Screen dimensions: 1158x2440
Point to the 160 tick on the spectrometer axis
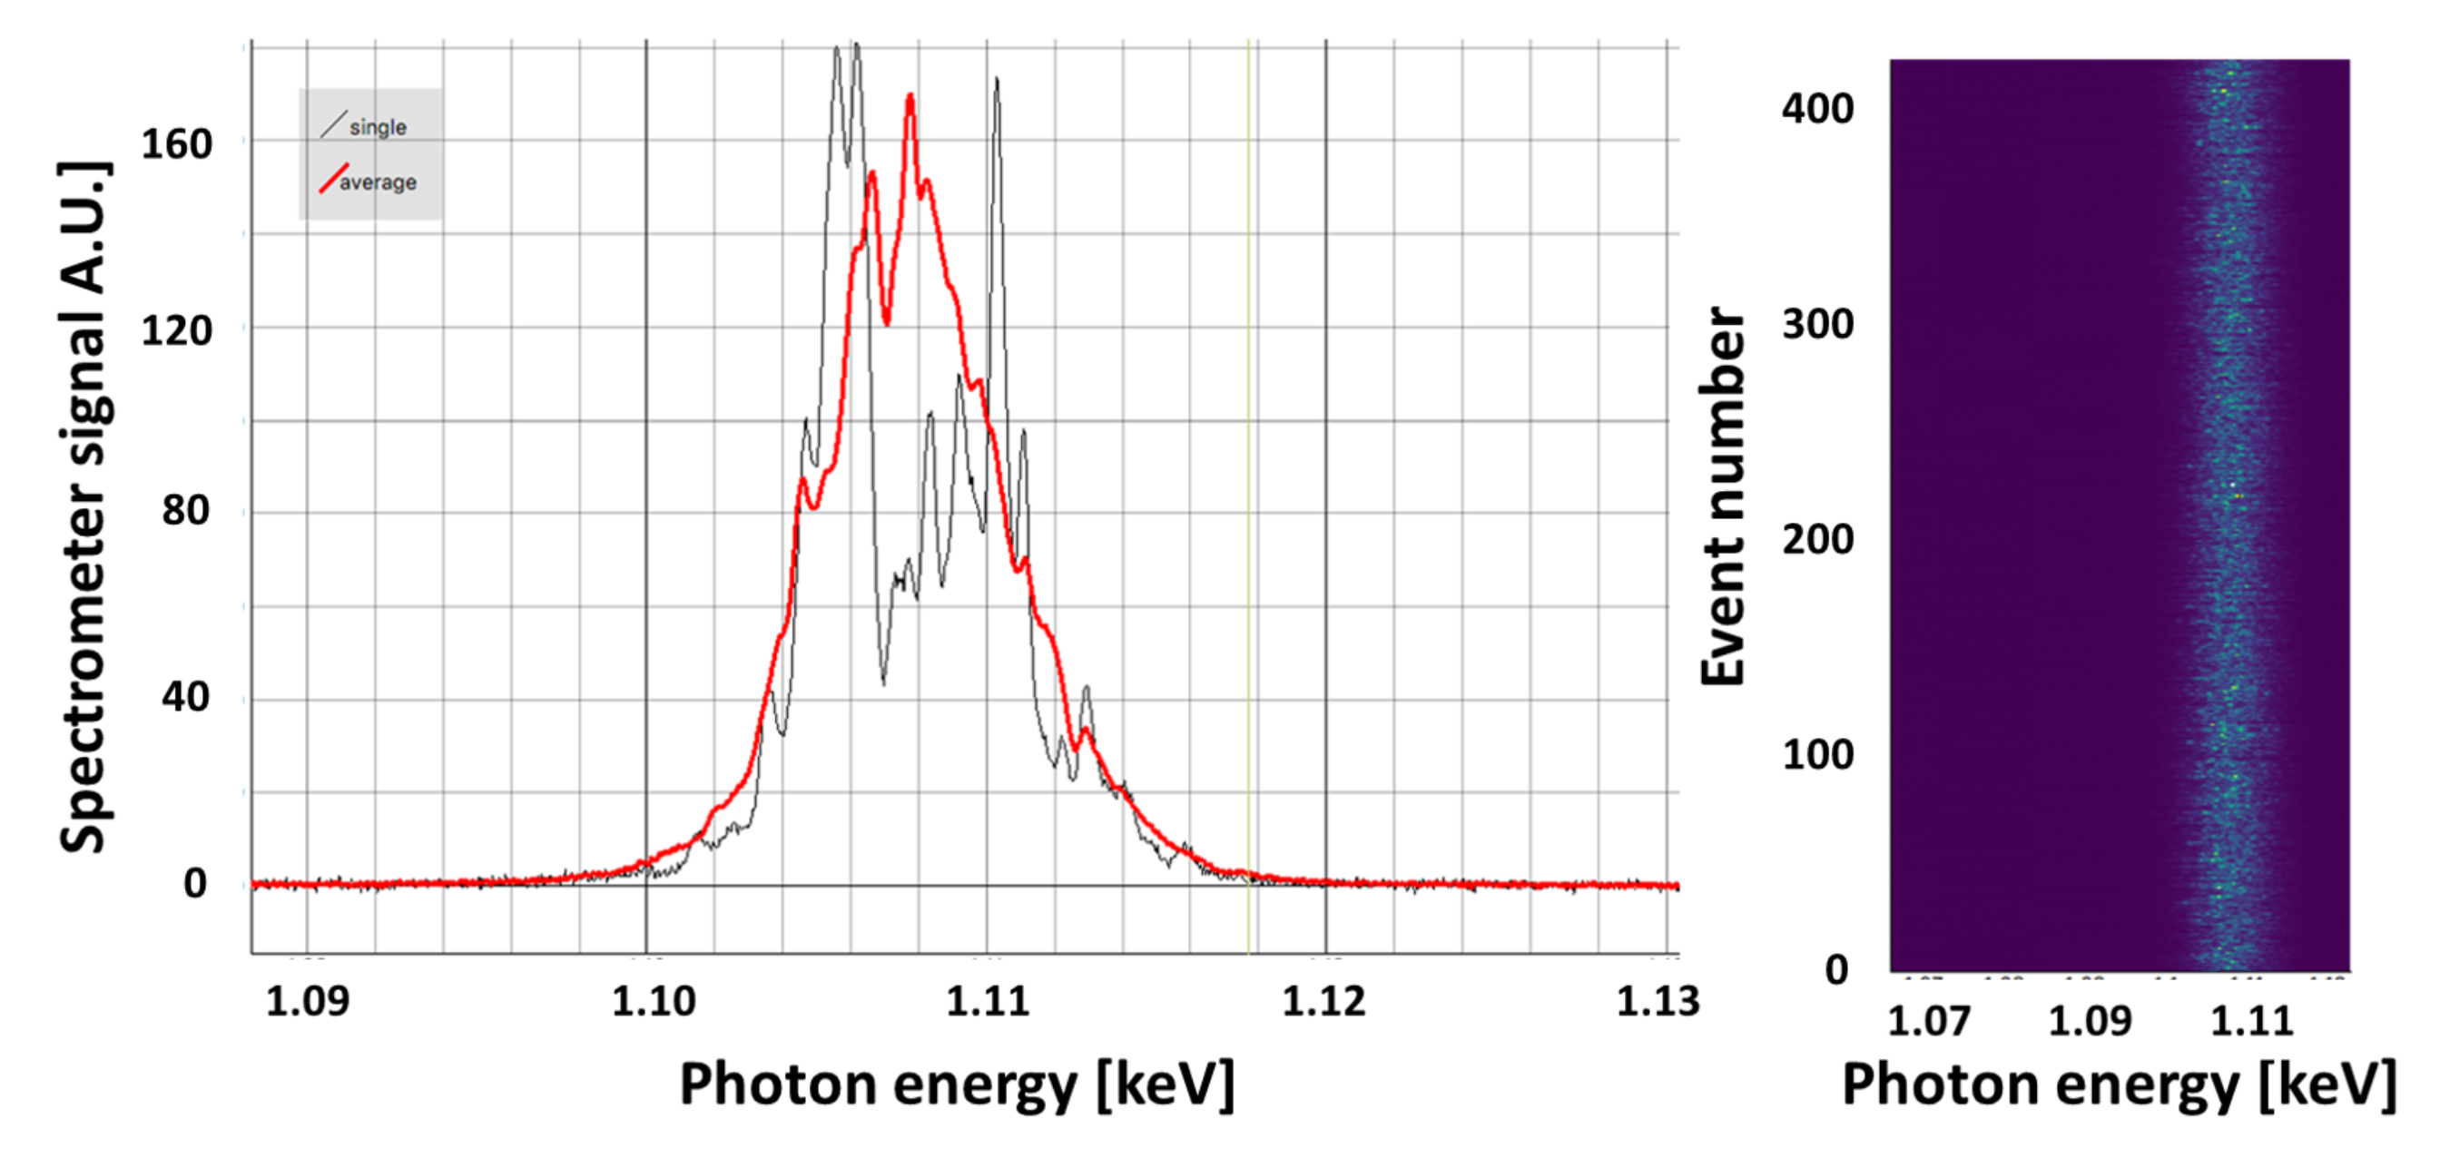[176, 145]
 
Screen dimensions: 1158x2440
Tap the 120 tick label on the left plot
[176, 331]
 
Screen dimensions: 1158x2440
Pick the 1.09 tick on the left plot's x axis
[307, 1002]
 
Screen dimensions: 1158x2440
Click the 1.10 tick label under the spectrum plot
[653, 1002]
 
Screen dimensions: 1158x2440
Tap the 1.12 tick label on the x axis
[1323, 1002]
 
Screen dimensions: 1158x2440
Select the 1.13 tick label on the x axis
[1658, 1002]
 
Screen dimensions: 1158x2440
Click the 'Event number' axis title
[1723, 496]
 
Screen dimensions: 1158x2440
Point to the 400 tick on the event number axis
[1816, 109]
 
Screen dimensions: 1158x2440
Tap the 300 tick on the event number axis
[1816, 325]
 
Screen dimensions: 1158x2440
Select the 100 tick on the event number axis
[1816, 756]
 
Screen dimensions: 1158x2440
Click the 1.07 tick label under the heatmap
[1929, 1022]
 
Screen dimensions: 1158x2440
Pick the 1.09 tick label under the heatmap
[2090, 1022]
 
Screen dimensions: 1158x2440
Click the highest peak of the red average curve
[910, 96]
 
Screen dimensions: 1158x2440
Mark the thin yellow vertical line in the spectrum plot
[1248, 474]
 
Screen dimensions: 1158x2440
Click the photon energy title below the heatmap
[2118, 1085]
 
